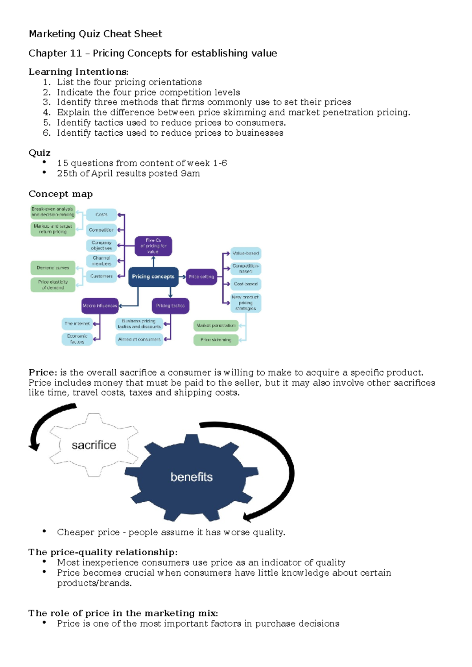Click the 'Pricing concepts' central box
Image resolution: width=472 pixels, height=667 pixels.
point(153,276)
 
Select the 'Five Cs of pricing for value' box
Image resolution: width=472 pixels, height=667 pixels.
point(153,246)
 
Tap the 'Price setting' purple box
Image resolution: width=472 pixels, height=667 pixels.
point(201,276)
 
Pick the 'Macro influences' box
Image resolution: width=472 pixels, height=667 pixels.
point(100,306)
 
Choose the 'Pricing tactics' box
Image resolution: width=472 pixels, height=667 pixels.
point(170,306)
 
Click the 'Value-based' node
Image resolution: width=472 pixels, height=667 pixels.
point(245,253)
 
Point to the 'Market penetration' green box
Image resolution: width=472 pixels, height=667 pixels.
point(216,326)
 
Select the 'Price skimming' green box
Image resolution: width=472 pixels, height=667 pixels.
point(216,340)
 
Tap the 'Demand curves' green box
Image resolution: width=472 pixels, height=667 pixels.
point(53,268)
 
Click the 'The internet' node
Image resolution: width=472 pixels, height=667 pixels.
point(77,324)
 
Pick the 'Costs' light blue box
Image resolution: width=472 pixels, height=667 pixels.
point(101,215)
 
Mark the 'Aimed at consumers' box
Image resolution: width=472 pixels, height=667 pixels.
point(139,339)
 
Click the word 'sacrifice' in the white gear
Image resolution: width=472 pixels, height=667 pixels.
point(94,445)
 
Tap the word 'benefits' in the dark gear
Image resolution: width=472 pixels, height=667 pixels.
point(192,477)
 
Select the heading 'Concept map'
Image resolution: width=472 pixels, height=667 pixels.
point(61,194)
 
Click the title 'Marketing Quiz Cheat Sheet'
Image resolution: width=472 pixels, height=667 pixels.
point(95,34)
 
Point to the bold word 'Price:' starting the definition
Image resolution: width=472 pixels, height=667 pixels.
point(43,372)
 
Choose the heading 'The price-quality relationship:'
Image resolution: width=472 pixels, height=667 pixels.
point(103,552)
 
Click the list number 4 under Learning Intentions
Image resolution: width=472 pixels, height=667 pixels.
point(47,112)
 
